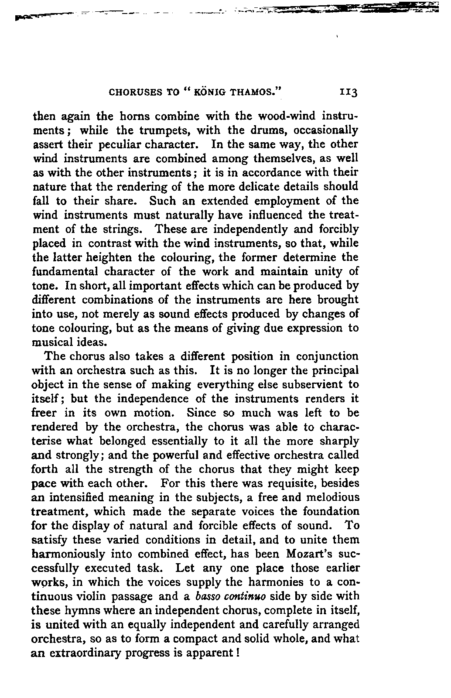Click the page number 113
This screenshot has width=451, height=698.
(349, 92)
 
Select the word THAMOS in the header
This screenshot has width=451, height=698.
(255, 92)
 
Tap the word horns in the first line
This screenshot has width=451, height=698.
(137, 116)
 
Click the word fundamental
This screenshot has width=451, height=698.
(66, 272)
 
